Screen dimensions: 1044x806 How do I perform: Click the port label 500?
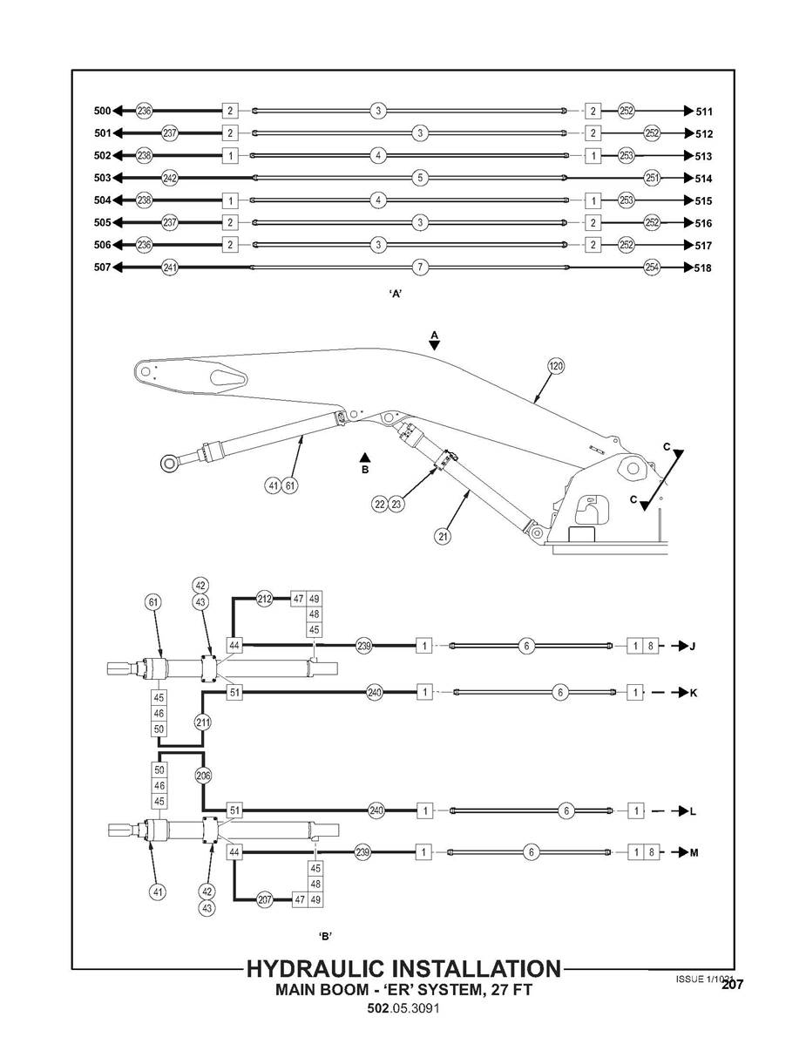pos(102,111)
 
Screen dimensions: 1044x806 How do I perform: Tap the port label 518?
pos(703,268)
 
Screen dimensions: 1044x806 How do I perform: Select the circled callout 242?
pos(170,178)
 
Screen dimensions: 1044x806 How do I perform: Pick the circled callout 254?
pos(651,267)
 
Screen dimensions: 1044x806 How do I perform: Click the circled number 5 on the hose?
pos(420,178)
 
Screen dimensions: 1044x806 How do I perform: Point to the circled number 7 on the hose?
pos(420,267)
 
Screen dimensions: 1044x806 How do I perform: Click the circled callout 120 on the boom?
pos(555,366)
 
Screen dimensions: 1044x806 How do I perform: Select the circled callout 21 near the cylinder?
pos(444,537)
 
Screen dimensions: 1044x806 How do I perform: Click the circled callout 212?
pos(265,599)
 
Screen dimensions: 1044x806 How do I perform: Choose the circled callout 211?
pos(203,722)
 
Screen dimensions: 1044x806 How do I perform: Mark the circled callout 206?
pos(203,775)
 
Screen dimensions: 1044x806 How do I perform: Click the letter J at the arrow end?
pos(693,647)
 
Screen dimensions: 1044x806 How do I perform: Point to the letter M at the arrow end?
pos(694,853)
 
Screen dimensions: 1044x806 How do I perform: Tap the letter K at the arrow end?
pos(693,693)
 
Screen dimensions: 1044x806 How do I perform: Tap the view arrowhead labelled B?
pos(366,456)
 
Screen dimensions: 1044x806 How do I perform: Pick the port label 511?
pos(704,112)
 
